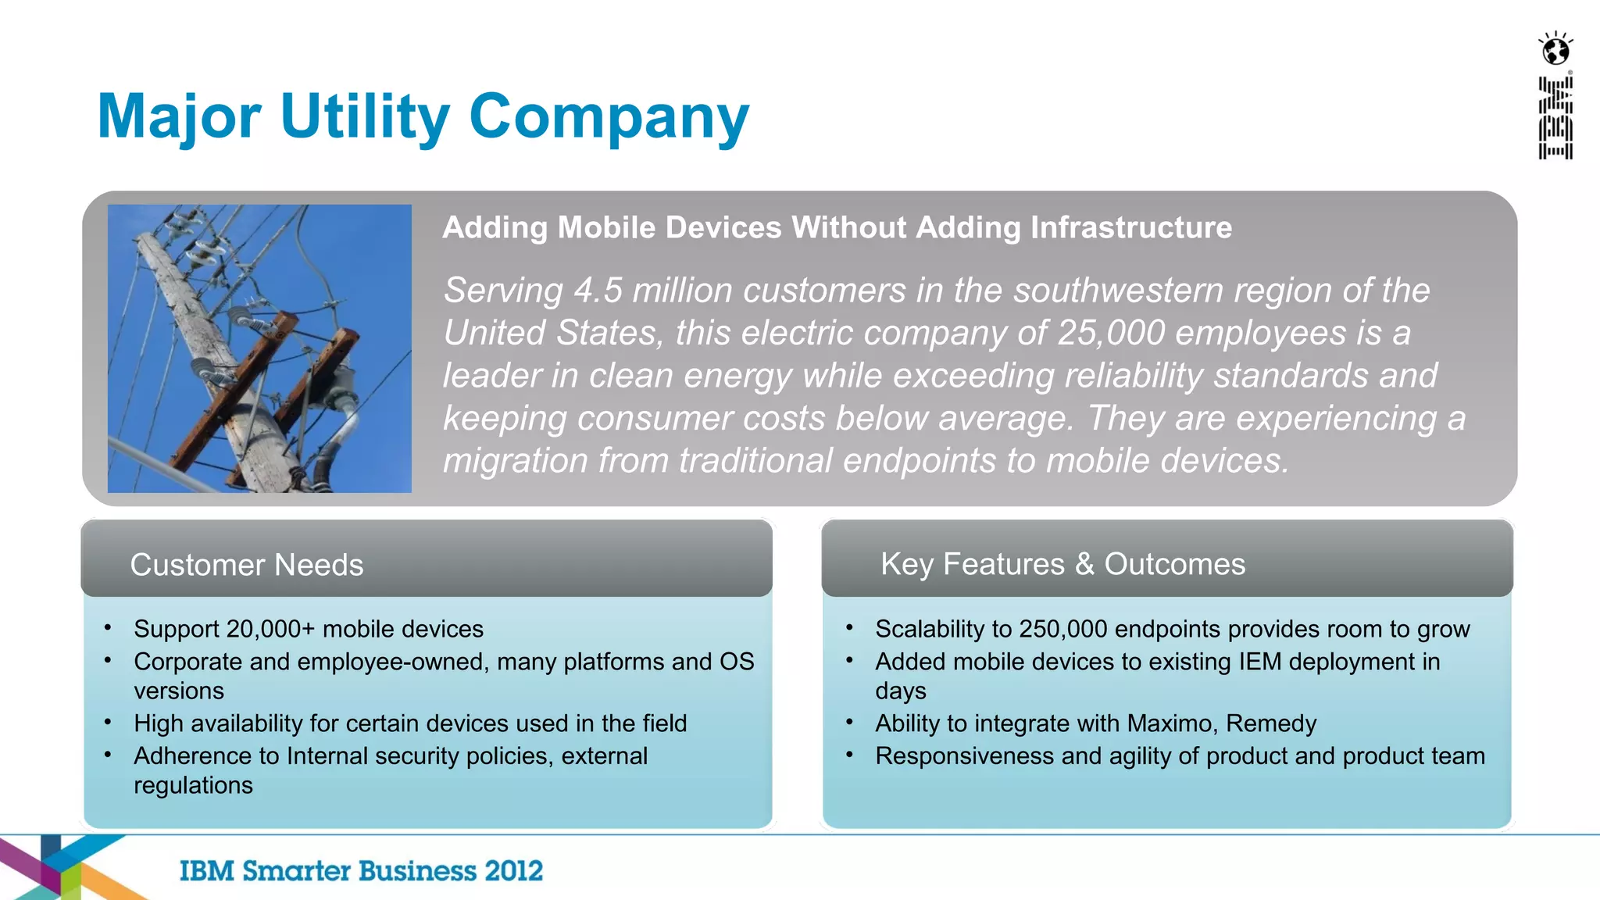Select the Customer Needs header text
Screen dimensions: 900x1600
tap(246, 565)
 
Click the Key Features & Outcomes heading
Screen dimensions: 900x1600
tap(1062, 564)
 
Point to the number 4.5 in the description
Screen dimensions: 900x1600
tap(598, 291)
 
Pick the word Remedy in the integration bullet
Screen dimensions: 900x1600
tap(1271, 723)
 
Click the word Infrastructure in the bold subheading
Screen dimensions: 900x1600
tap(1130, 228)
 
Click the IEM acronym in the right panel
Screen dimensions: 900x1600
tap(1259, 662)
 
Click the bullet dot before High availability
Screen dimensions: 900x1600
tap(108, 722)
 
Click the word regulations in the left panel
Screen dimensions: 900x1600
tap(193, 785)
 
